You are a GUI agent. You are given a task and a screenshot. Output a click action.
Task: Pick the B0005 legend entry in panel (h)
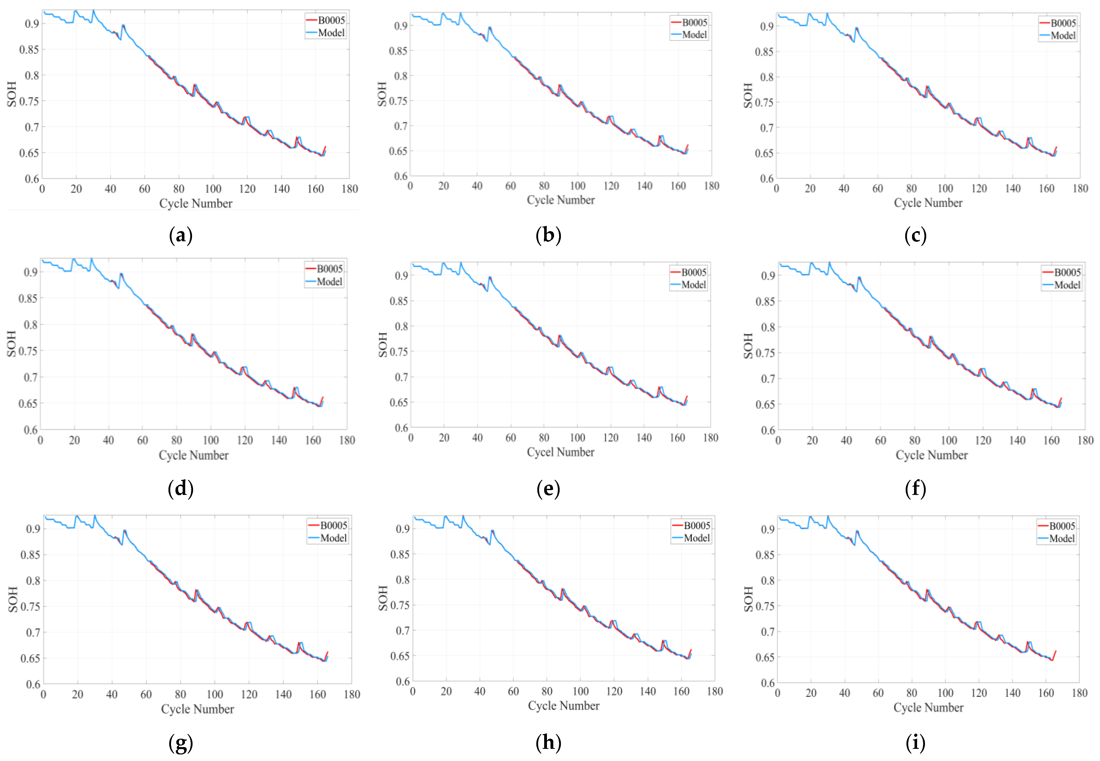coord(697,526)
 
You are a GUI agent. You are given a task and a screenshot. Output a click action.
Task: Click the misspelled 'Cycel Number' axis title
coord(560,452)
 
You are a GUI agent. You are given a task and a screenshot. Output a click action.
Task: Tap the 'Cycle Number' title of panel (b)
coord(560,200)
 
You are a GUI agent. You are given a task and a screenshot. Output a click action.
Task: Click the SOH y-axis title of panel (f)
coord(748,346)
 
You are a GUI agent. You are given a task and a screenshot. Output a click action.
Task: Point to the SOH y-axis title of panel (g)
coord(13,599)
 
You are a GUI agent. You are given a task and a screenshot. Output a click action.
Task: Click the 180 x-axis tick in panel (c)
coord(1080,188)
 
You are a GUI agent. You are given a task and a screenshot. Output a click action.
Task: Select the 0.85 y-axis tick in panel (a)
coord(29,50)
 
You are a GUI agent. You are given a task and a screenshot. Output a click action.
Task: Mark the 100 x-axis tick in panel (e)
coord(577,438)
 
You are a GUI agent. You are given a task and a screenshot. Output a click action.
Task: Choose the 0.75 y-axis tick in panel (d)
coord(28,351)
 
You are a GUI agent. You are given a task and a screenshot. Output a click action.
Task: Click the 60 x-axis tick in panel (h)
coord(513,691)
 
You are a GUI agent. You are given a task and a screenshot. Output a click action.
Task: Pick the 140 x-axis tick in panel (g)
coord(283,694)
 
